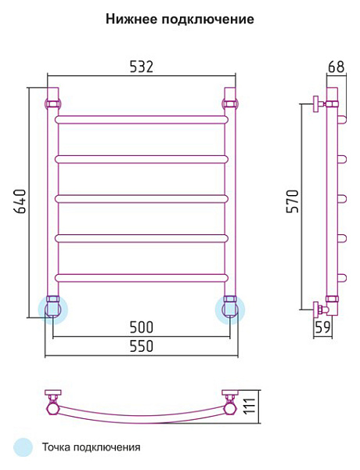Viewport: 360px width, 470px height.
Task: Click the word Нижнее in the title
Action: coord(131,19)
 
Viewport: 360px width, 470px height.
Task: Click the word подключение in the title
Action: coord(207,20)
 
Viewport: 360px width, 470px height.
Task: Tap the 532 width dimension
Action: coord(142,67)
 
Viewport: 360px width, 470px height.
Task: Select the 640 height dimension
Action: coord(20,201)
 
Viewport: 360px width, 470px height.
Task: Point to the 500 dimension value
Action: coord(142,327)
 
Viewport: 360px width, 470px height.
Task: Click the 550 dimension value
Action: coord(142,346)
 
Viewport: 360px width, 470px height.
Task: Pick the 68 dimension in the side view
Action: coord(336,67)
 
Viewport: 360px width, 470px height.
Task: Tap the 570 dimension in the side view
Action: coord(293,201)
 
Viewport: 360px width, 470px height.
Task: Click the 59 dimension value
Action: coord(322,327)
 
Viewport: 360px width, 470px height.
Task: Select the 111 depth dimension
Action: coord(249,407)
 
